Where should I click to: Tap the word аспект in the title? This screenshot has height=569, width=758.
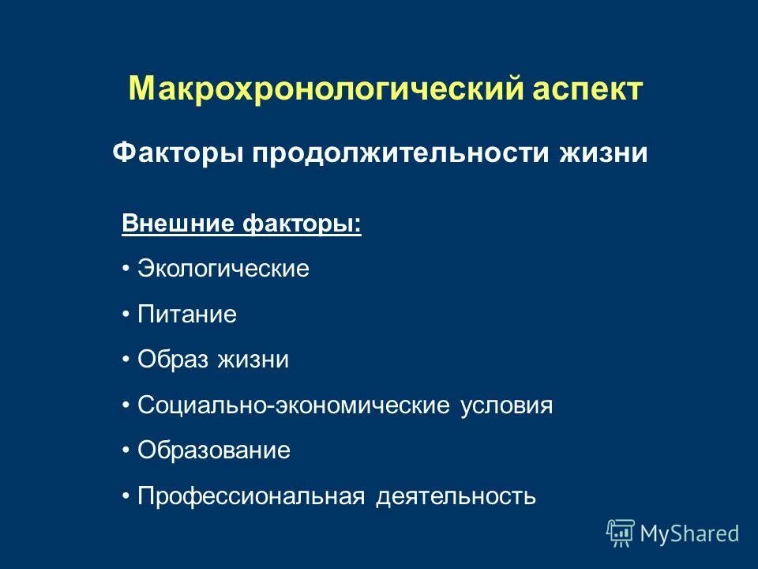[x=588, y=88]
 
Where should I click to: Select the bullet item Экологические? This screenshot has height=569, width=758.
[x=223, y=269]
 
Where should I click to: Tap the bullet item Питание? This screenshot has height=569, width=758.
[x=187, y=315]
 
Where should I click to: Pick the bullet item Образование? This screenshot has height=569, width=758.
[x=214, y=450]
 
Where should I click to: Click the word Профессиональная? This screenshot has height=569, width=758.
[x=251, y=496]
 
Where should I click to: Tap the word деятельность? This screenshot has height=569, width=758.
[x=456, y=496]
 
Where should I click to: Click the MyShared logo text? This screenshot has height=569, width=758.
[x=689, y=533]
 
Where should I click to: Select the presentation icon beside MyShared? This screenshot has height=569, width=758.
[x=621, y=533]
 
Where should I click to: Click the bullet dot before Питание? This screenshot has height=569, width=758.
[x=126, y=315]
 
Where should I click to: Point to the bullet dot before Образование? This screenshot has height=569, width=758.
[x=126, y=451]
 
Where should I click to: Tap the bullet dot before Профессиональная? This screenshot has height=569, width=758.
[x=126, y=496]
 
